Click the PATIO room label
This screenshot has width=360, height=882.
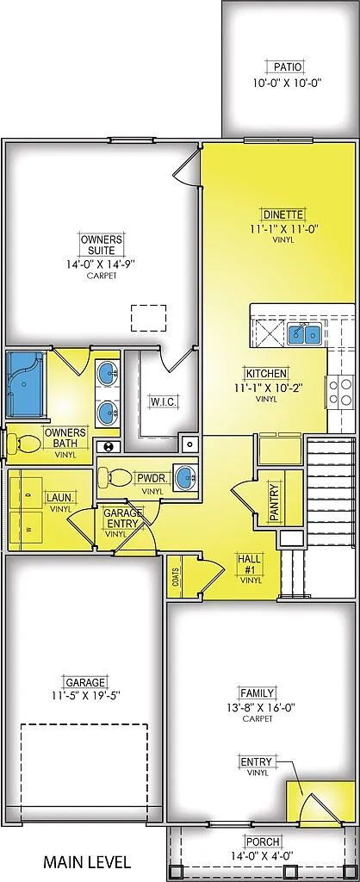coord(288,67)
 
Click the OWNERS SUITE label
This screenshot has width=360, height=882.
coord(102,244)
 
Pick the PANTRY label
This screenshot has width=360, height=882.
coord(274,502)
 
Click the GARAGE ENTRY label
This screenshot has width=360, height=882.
coord(122,518)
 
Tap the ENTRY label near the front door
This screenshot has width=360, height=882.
coord(257,762)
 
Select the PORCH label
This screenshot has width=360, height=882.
coord(263,842)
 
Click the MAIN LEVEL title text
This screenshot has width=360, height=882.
coord(88,861)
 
